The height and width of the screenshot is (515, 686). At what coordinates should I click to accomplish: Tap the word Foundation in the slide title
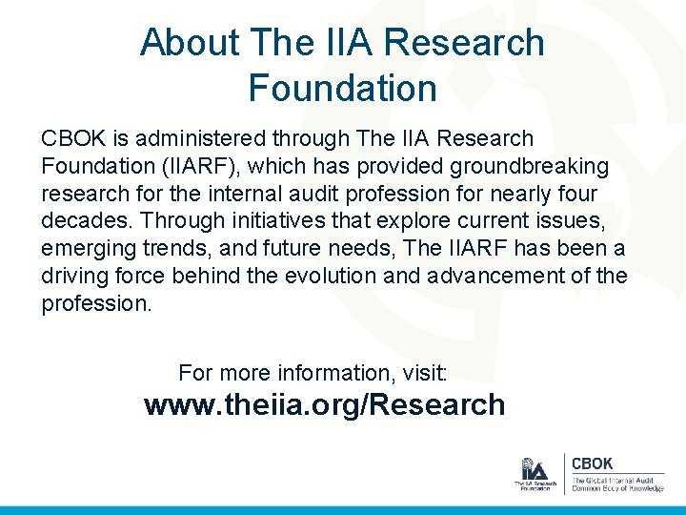[x=342, y=89]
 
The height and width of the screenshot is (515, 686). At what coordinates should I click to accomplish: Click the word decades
[x=86, y=222]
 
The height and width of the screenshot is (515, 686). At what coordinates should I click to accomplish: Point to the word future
[x=306, y=250]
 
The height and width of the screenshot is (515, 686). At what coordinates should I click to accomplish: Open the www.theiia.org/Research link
[x=324, y=405]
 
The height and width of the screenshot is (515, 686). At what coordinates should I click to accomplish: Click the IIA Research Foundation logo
[x=535, y=474]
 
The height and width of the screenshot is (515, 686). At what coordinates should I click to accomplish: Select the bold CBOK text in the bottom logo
[x=592, y=463]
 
